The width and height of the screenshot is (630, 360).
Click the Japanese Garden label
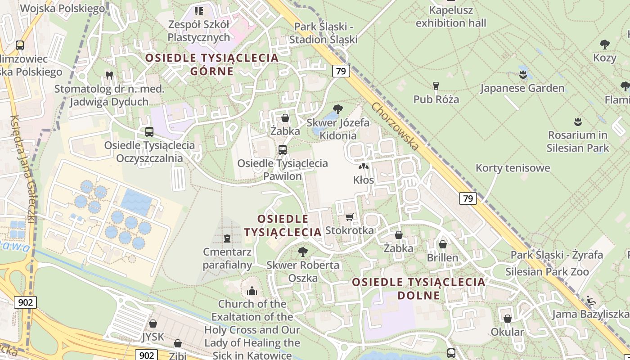point(522,88)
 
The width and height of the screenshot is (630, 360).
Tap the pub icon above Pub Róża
point(436,85)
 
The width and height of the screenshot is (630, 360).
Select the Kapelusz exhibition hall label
point(451,16)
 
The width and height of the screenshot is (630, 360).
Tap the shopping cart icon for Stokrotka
point(349,217)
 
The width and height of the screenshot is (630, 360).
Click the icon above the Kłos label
point(364,166)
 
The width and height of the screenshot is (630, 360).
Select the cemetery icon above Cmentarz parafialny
point(227,238)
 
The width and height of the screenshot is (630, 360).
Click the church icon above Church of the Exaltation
point(252,291)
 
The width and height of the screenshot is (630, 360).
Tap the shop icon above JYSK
point(153,323)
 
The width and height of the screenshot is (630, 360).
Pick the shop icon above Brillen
point(443,244)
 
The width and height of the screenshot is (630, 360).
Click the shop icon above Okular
point(508,319)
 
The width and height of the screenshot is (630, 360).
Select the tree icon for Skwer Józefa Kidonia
point(337,109)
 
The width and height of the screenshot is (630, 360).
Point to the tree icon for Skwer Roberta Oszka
point(303,252)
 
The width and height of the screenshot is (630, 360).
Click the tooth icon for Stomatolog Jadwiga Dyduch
point(109,75)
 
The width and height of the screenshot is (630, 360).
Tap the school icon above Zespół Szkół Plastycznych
point(198,10)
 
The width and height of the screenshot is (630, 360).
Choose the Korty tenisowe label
point(513,168)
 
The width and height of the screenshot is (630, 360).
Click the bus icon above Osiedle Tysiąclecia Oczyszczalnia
point(149,132)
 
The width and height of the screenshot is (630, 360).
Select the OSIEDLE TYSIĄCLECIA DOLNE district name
point(419,288)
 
